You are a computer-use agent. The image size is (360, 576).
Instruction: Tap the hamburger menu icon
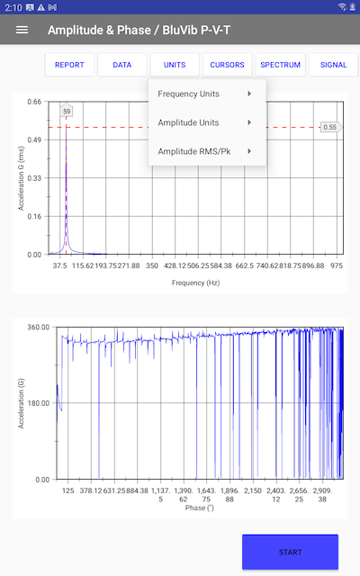point(22,30)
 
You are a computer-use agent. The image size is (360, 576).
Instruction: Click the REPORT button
point(69,65)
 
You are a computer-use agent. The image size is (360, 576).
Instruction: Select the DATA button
point(122,65)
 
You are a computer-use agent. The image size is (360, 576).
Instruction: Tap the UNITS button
point(175,65)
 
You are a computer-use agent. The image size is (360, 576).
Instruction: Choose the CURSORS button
point(227,65)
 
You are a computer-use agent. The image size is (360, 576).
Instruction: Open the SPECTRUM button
point(280,65)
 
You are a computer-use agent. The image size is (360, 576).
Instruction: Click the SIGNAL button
point(334,65)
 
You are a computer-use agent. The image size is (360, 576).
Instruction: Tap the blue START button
point(290,552)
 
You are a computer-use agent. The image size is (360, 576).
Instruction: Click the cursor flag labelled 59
point(67,111)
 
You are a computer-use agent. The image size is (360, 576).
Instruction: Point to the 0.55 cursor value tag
point(330,127)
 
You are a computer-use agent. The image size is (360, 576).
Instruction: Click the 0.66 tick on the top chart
point(34,102)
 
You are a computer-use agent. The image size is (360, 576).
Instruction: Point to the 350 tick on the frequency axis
point(152,265)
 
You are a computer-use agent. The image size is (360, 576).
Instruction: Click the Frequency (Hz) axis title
point(195,283)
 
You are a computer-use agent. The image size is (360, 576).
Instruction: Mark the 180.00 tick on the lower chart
point(38,403)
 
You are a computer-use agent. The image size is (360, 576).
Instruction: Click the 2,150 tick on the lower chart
point(253,490)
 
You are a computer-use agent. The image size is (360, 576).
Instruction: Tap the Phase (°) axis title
point(200,508)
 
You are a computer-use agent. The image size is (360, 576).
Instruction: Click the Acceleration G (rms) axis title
point(22,178)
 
